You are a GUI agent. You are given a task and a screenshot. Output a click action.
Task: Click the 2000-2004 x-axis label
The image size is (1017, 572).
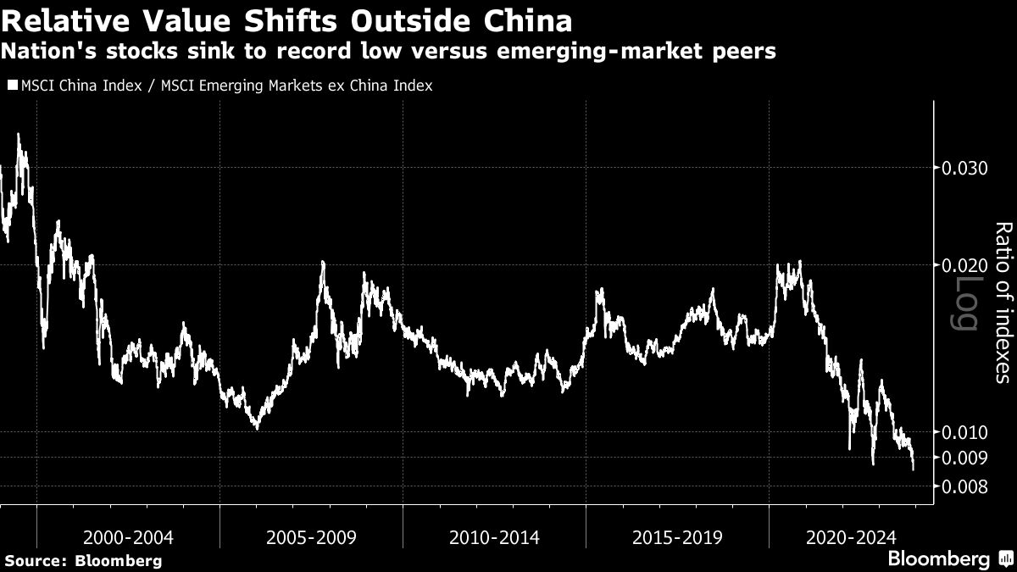pos(128,537)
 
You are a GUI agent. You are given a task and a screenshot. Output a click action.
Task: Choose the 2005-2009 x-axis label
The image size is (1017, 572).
pos(311,537)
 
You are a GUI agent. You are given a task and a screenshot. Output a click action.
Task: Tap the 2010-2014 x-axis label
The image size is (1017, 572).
pos(494,537)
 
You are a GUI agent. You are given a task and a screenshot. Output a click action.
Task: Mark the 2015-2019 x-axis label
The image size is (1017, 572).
pos(677,537)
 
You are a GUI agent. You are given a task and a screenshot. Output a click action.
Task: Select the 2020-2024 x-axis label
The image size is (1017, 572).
pos(850,537)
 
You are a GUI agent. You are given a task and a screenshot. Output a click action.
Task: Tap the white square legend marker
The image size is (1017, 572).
pos(12,86)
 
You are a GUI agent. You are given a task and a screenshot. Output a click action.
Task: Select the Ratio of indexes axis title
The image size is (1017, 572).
pos(1003,303)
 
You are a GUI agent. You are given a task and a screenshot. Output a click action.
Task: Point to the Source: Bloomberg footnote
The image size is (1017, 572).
pos(83,560)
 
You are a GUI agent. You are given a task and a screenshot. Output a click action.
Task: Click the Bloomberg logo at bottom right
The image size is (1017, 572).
pos(948,558)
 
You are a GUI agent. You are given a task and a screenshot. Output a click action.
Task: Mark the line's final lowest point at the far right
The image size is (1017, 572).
pos(913,469)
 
